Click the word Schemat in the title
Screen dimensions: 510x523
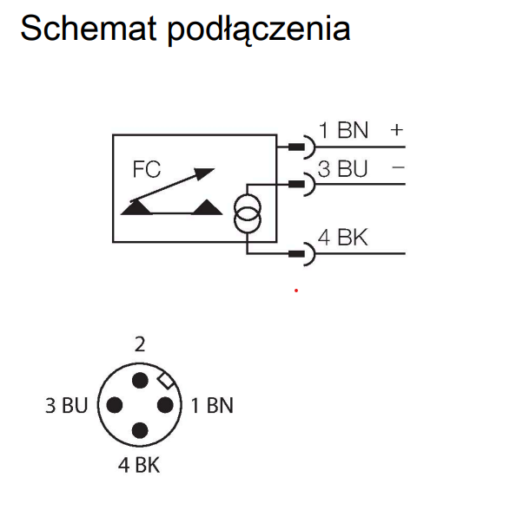click(x=89, y=28)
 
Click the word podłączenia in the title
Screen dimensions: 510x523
click(x=259, y=29)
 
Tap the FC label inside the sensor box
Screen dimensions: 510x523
click(x=147, y=169)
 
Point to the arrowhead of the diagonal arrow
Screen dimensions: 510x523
click(x=204, y=173)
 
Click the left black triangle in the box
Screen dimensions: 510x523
click(x=136, y=208)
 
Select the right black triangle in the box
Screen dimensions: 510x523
click(x=207, y=207)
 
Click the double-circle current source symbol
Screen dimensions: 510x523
click(x=248, y=213)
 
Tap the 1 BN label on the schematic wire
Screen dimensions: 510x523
click(x=343, y=130)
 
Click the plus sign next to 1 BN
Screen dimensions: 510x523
click(x=397, y=130)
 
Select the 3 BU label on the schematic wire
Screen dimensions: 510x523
click(x=342, y=169)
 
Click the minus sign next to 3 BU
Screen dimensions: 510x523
click(x=398, y=167)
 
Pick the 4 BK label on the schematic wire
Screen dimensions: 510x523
click(x=343, y=238)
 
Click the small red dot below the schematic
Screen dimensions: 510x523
click(x=296, y=291)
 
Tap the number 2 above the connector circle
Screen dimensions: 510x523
click(x=140, y=344)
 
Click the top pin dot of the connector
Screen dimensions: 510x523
click(x=140, y=381)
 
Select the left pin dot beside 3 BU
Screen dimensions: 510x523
click(x=115, y=405)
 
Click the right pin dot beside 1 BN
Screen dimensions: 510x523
click(x=165, y=405)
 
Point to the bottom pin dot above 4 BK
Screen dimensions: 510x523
click(x=140, y=430)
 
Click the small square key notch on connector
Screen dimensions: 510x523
click(x=166, y=381)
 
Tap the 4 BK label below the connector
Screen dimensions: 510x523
click(x=139, y=465)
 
